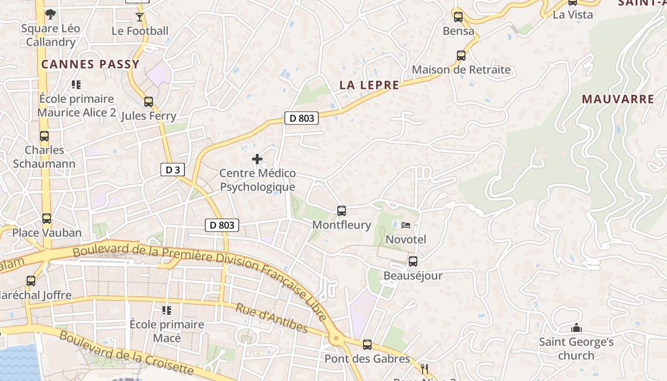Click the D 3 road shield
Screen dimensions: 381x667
172,170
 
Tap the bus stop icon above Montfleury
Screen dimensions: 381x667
341,211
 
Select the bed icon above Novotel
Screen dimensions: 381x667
406,225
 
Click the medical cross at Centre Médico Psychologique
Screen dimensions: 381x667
257,159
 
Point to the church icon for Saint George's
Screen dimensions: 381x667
576,328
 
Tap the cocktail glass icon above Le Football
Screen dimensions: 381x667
139,17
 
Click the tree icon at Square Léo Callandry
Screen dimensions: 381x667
50,14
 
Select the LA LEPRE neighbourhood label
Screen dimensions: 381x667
369,85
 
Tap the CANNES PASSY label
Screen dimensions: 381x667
91,64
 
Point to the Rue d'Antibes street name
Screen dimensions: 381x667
272,318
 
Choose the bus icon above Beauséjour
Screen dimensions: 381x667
413,261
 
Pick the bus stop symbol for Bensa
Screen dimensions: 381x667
458,17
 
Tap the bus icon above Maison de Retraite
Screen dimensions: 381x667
461,56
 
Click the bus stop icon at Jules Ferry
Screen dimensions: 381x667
149,102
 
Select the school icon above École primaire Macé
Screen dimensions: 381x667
167,311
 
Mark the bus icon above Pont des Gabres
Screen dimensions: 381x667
367,345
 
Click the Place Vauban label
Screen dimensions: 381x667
47,233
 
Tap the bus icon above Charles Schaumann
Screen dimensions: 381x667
44,137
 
